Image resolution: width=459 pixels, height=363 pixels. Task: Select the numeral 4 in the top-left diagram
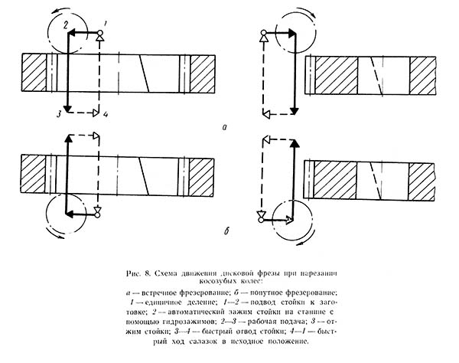(105, 114)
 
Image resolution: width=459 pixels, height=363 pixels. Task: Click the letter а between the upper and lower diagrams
(223, 126)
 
